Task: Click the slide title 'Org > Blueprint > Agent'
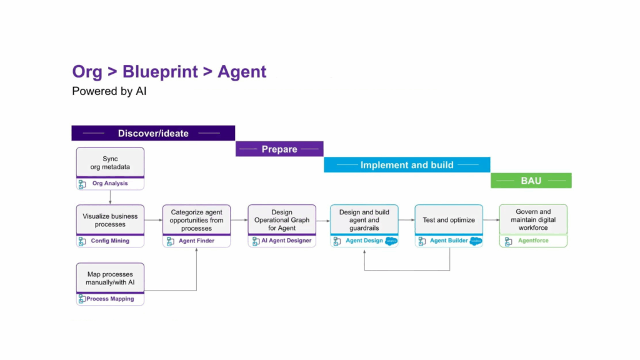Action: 169,72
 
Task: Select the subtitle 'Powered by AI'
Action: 109,91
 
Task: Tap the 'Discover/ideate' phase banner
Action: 153,133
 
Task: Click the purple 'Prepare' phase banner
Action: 279,149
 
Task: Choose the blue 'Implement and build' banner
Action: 407,165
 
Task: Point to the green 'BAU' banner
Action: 531,181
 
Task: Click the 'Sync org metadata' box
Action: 110,162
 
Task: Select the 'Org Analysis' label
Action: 110,184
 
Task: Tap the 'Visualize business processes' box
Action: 110,220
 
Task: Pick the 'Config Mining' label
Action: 110,241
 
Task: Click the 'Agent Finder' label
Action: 196,241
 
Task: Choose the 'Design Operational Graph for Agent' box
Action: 282,220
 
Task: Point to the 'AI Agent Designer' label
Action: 286,241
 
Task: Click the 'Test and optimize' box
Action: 449,220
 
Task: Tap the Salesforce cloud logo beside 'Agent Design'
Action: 392,241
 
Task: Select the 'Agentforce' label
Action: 533,241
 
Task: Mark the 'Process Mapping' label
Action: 110,299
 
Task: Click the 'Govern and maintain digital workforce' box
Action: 533,220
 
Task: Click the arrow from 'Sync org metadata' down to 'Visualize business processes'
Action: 110,197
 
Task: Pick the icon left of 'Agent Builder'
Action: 422,241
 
